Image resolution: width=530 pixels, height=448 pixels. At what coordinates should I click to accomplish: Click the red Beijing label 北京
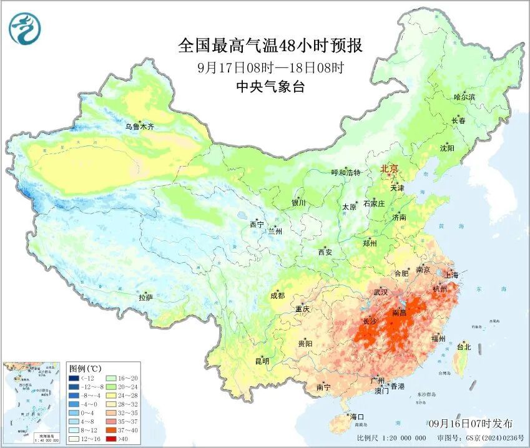(x=390, y=168)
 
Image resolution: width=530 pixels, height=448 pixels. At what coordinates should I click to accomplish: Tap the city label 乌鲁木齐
(x=139, y=127)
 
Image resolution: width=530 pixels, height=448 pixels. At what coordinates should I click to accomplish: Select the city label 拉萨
(x=145, y=298)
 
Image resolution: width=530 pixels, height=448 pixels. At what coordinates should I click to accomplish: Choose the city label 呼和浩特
(x=345, y=173)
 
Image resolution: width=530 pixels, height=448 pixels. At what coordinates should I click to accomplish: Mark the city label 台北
(x=464, y=346)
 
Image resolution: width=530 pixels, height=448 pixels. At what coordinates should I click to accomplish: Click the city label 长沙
(x=370, y=322)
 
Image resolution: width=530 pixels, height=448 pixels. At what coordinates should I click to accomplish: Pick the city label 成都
(x=278, y=296)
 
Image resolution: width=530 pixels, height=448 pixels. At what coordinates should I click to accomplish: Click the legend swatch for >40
(x=109, y=439)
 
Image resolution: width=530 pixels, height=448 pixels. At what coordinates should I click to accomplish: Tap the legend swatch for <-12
(x=74, y=378)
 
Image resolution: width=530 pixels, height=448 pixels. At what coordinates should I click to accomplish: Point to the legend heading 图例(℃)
(x=86, y=368)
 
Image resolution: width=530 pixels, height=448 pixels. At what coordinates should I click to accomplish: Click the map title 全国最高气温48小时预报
(x=270, y=46)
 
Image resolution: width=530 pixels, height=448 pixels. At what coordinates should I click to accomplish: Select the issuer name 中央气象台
(x=270, y=87)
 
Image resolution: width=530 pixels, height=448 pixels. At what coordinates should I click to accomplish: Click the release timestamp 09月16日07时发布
(x=471, y=423)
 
